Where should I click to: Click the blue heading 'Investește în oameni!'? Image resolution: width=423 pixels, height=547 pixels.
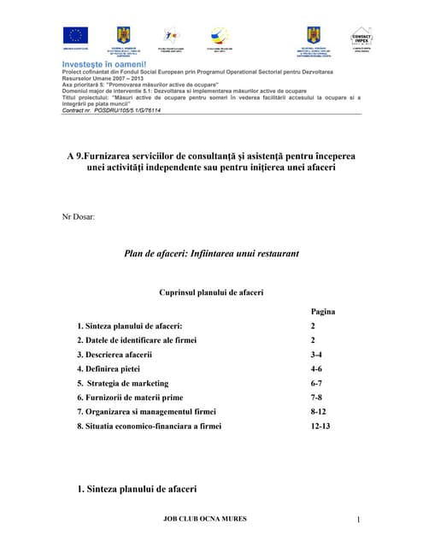[104, 63]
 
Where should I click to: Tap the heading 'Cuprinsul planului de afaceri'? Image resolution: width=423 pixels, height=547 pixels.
[211, 292]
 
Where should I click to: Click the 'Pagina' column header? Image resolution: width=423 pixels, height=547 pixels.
[322, 312]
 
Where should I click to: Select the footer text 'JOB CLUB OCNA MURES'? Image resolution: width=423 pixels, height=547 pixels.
[210, 518]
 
